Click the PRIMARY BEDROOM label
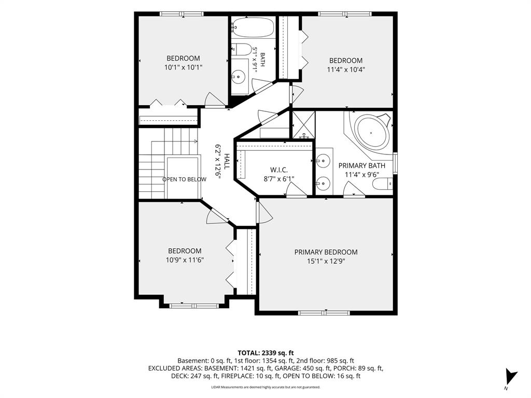click(x=326, y=252)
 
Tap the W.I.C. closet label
click(x=279, y=169)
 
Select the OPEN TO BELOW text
click(x=184, y=179)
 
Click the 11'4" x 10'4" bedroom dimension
click(x=346, y=70)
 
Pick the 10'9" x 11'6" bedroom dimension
click(x=185, y=260)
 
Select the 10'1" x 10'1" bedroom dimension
click(x=183, y=67)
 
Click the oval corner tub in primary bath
click(x=372, y=132)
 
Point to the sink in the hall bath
click(x=239, y=77)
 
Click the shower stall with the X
click(x=303, y=124)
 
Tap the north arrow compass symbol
click(x=511, y=376)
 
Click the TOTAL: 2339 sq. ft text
click(x=265, y=353)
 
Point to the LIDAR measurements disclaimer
click(x=265, y=387)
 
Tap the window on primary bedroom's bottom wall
click(x=325, y=312)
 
